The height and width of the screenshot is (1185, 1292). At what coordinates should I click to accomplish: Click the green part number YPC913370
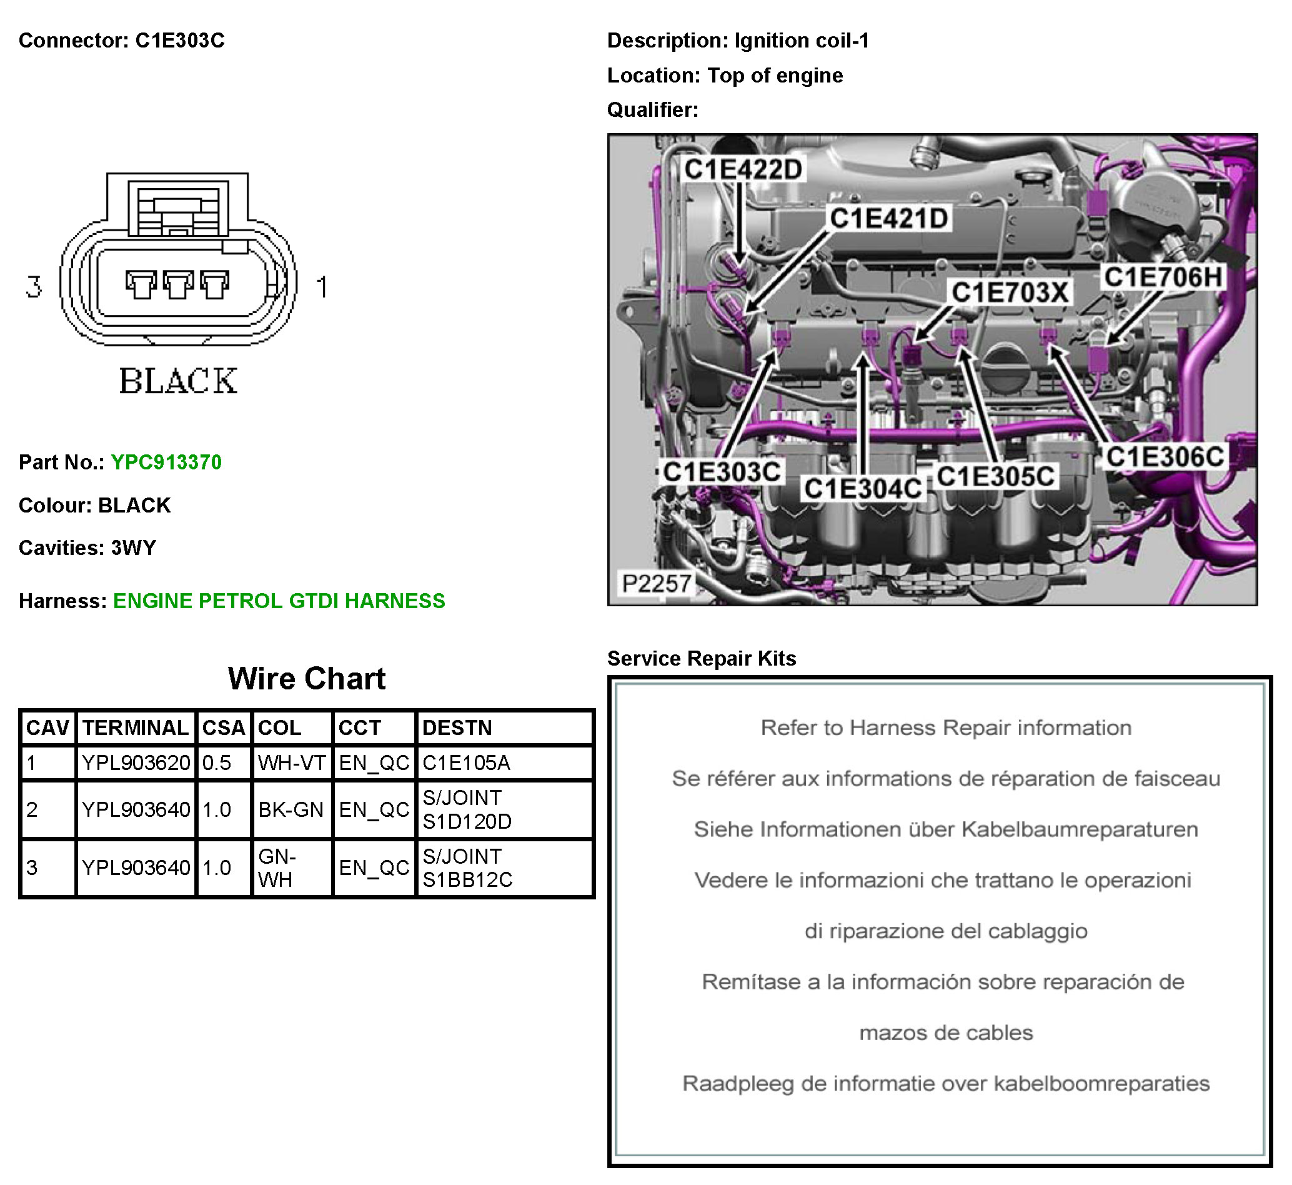166,462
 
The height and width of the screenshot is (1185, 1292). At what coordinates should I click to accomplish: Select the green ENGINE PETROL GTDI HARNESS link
279,601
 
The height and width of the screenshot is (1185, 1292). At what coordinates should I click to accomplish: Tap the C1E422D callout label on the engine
743,170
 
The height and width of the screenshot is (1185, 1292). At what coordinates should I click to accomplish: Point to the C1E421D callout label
889,219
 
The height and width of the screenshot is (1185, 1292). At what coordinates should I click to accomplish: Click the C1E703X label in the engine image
1010,292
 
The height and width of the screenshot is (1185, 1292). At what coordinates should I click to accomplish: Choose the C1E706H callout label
1163,277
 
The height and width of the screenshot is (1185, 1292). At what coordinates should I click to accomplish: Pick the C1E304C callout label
863,489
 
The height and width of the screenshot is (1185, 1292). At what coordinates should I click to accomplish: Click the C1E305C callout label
995,476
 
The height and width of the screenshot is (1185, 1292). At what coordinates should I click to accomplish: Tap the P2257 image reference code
656,584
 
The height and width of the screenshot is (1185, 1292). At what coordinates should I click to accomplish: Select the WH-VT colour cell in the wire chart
292,763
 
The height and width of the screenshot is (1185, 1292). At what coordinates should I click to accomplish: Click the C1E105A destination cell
466,763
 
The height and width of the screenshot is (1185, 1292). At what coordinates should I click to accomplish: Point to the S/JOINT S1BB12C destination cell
467,867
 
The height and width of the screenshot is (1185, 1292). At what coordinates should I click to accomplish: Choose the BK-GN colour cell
291,810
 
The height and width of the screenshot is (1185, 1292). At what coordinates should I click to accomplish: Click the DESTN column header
457,727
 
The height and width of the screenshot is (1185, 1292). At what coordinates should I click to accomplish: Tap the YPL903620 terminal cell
136,763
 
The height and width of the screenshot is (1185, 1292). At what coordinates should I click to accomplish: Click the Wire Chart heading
306,678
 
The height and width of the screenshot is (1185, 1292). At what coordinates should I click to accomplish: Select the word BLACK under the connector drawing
178,381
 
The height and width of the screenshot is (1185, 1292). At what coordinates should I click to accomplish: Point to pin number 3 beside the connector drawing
34,287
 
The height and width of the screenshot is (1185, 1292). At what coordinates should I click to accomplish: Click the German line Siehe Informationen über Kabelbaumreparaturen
945,829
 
